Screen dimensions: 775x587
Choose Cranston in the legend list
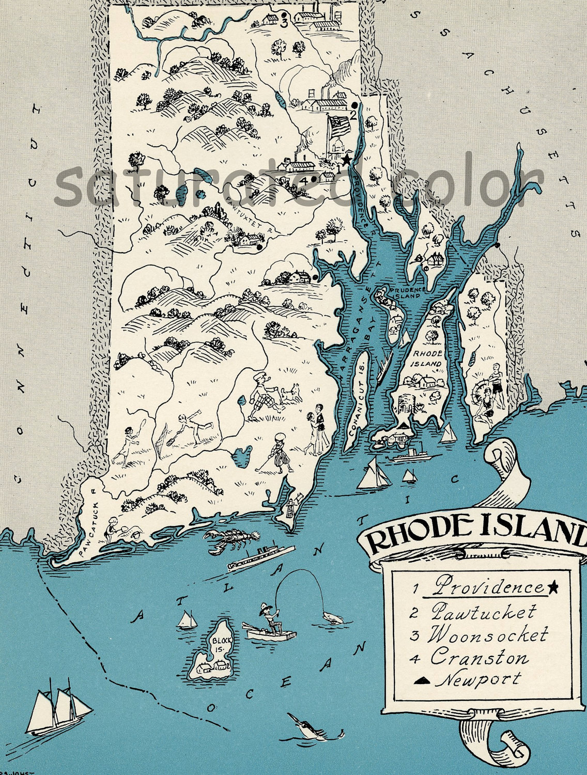click(480, 658)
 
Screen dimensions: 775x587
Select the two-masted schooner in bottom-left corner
click(56, 707)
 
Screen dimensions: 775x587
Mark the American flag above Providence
click(340, 127)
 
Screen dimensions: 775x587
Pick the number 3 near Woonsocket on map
click(284, 23)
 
